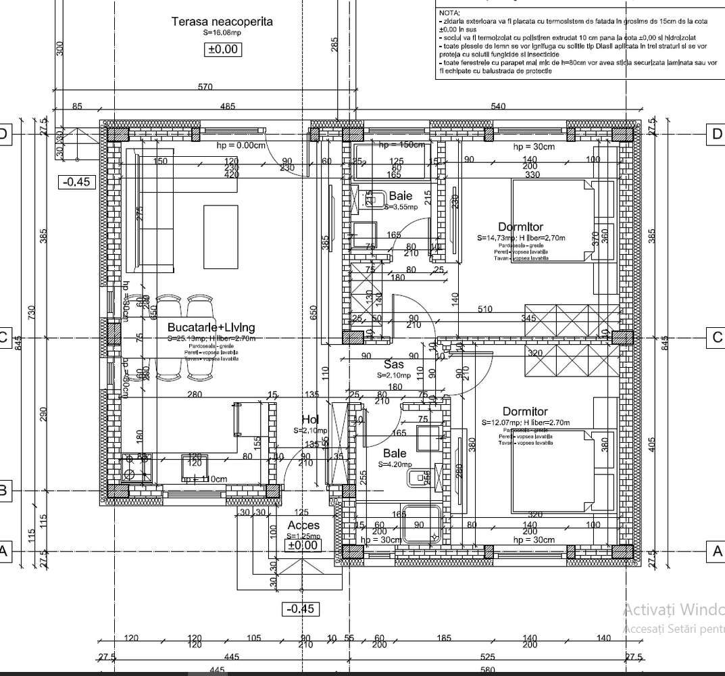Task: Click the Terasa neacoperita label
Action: point(222,21)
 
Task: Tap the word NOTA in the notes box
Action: point(449,13)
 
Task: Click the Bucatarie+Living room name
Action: point(211,327)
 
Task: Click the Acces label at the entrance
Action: point(303,525)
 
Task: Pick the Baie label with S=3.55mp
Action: point(400,196)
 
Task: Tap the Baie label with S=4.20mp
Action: point(395,453)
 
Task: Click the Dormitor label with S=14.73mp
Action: point(520,226)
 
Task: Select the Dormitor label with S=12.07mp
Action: point(525,411)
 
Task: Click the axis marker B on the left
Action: point(3,490)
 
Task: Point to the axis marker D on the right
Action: point(717,134)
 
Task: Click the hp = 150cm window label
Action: point(401,145)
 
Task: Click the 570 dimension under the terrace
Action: point(205,87)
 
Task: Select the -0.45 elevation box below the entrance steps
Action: point(301,609)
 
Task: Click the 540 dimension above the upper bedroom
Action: point(497,106)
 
